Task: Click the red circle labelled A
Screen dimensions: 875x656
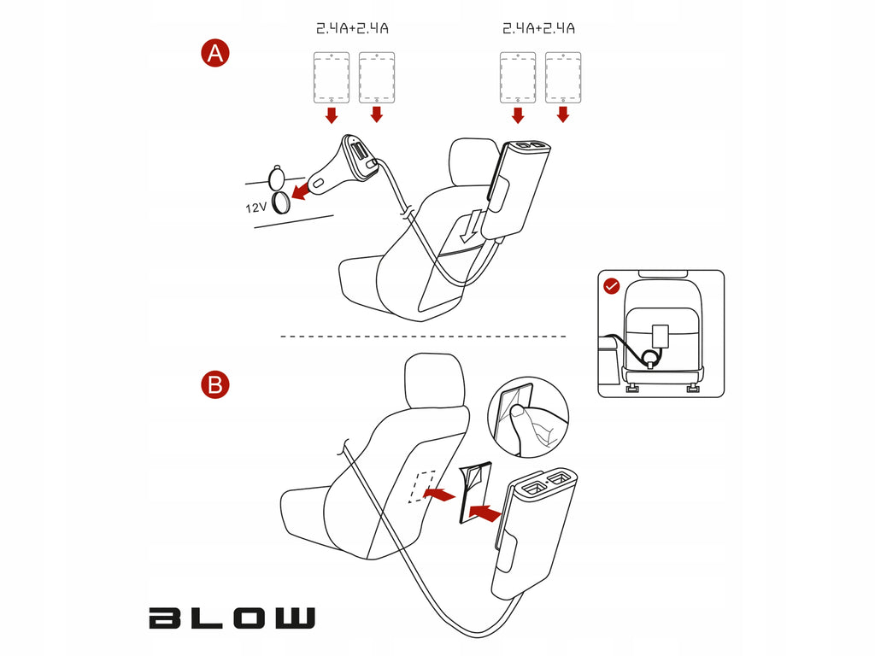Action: pos(215,54)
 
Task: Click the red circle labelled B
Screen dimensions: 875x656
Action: pos(215,385)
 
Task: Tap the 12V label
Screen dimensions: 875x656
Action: pos(256,208)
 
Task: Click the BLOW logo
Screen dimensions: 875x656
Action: pos(232,618)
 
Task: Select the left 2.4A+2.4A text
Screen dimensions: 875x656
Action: pos(352,28)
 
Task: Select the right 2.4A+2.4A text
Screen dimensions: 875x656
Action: pos(538,28)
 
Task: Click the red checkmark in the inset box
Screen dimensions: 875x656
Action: pos(612,287)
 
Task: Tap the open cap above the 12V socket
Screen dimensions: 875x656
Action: pos(278,178)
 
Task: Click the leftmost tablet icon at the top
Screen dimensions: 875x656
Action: pos(332,78)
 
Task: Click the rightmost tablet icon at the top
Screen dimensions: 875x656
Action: pos(563,78)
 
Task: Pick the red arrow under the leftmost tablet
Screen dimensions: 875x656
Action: pos(332,115)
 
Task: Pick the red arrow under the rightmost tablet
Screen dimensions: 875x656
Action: pos(563,115)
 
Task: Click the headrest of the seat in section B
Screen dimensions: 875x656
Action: pos(435,380)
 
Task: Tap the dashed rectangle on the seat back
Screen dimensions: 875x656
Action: pos(422,486)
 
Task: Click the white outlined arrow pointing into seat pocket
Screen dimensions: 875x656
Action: pos(472,225)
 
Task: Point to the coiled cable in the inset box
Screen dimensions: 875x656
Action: pos(649,357)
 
